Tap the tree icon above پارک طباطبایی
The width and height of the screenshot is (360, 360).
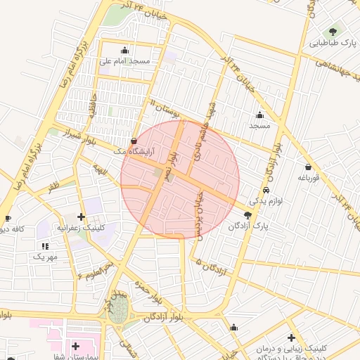[333, 31]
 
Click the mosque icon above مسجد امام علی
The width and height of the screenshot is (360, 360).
[125, 50]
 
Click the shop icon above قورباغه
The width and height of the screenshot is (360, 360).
[309, 167]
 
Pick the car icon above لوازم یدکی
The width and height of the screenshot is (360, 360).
[265, 191]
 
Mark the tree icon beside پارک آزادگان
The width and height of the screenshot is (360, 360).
[247, 215]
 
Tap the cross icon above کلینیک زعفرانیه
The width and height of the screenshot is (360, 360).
[82, 217]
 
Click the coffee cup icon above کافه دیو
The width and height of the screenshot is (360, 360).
[7, 219]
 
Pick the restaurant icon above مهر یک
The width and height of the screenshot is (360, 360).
[46, 246]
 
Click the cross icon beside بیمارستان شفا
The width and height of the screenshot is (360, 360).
[75, 346]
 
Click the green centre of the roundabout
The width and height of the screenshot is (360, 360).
[119, 310]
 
